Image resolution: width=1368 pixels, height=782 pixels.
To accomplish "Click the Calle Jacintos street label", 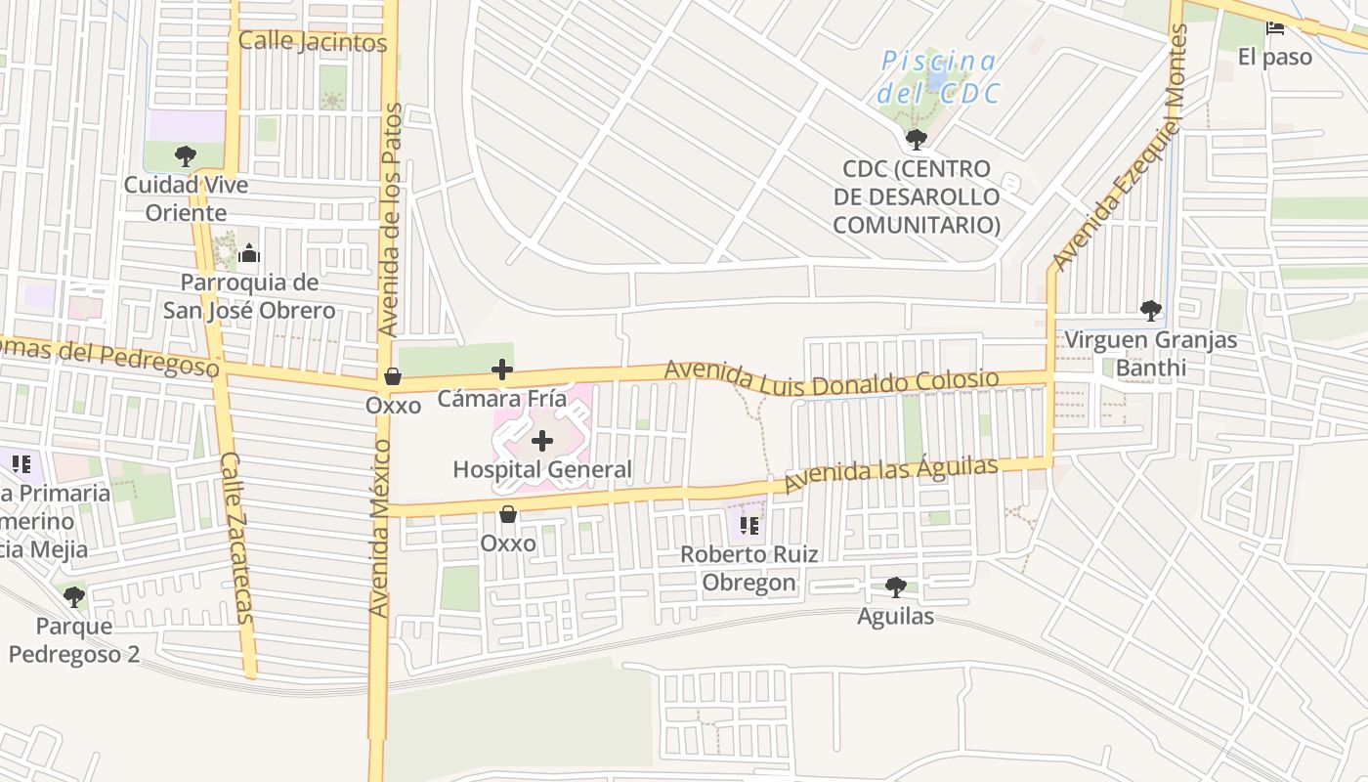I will [x=313, y=43].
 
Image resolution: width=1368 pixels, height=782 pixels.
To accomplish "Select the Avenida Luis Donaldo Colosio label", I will [x=832, y=378].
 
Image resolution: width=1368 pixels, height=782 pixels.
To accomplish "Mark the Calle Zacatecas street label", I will [x=236, y=537].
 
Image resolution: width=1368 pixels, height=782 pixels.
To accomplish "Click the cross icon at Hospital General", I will [x=542, y=442].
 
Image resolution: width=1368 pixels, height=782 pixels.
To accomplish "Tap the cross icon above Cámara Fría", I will [x=502, y=369].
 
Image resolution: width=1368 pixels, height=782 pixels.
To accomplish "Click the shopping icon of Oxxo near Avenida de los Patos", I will [x=393, y=376].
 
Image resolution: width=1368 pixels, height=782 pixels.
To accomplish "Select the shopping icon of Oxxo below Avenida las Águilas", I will [x=508, y=514].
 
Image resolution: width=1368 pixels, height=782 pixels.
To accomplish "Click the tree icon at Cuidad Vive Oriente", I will [x=185, y=155].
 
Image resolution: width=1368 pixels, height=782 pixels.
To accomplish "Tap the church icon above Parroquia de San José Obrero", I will [x=248, y=254].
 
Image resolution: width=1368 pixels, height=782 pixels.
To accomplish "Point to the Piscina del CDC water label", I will [x=938, y=77].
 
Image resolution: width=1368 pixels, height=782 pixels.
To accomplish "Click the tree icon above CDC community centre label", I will [x=916, y=140].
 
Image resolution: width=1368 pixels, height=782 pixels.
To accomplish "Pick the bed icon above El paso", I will [x=1275, y=28].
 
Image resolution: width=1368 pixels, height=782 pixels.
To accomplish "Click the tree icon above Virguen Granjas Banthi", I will [x=1150, y=311].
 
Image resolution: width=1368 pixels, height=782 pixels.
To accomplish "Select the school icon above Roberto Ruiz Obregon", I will [x=749, y=526].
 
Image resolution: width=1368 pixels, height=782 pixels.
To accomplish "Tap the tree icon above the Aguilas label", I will [x=895, y=587].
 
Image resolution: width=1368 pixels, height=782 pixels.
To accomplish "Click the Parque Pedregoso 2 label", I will [x=74, y=640].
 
